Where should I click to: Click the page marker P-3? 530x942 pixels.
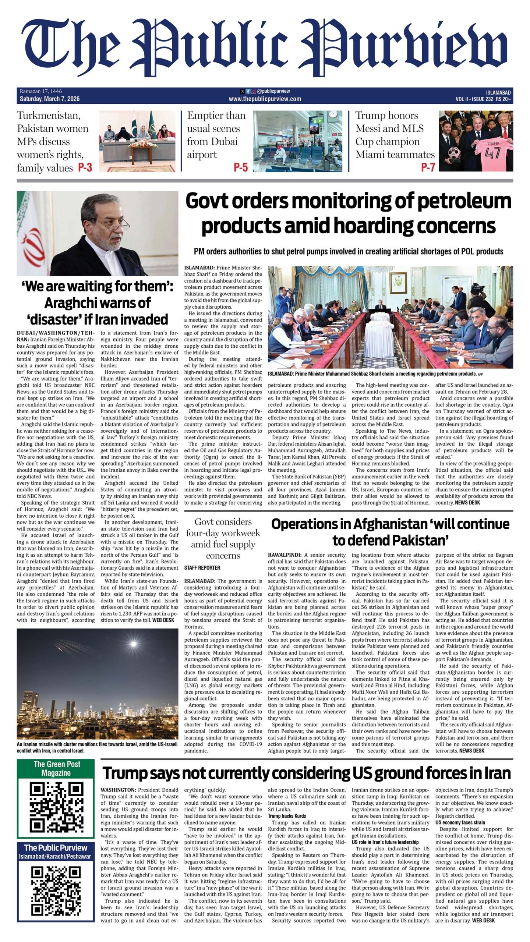point(85,168)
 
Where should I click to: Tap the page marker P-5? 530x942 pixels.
point(241,168)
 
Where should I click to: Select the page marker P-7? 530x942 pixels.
point(428,168)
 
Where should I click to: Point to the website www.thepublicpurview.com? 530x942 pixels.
point(265,99)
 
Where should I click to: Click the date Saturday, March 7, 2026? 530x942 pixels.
point(50,99)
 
